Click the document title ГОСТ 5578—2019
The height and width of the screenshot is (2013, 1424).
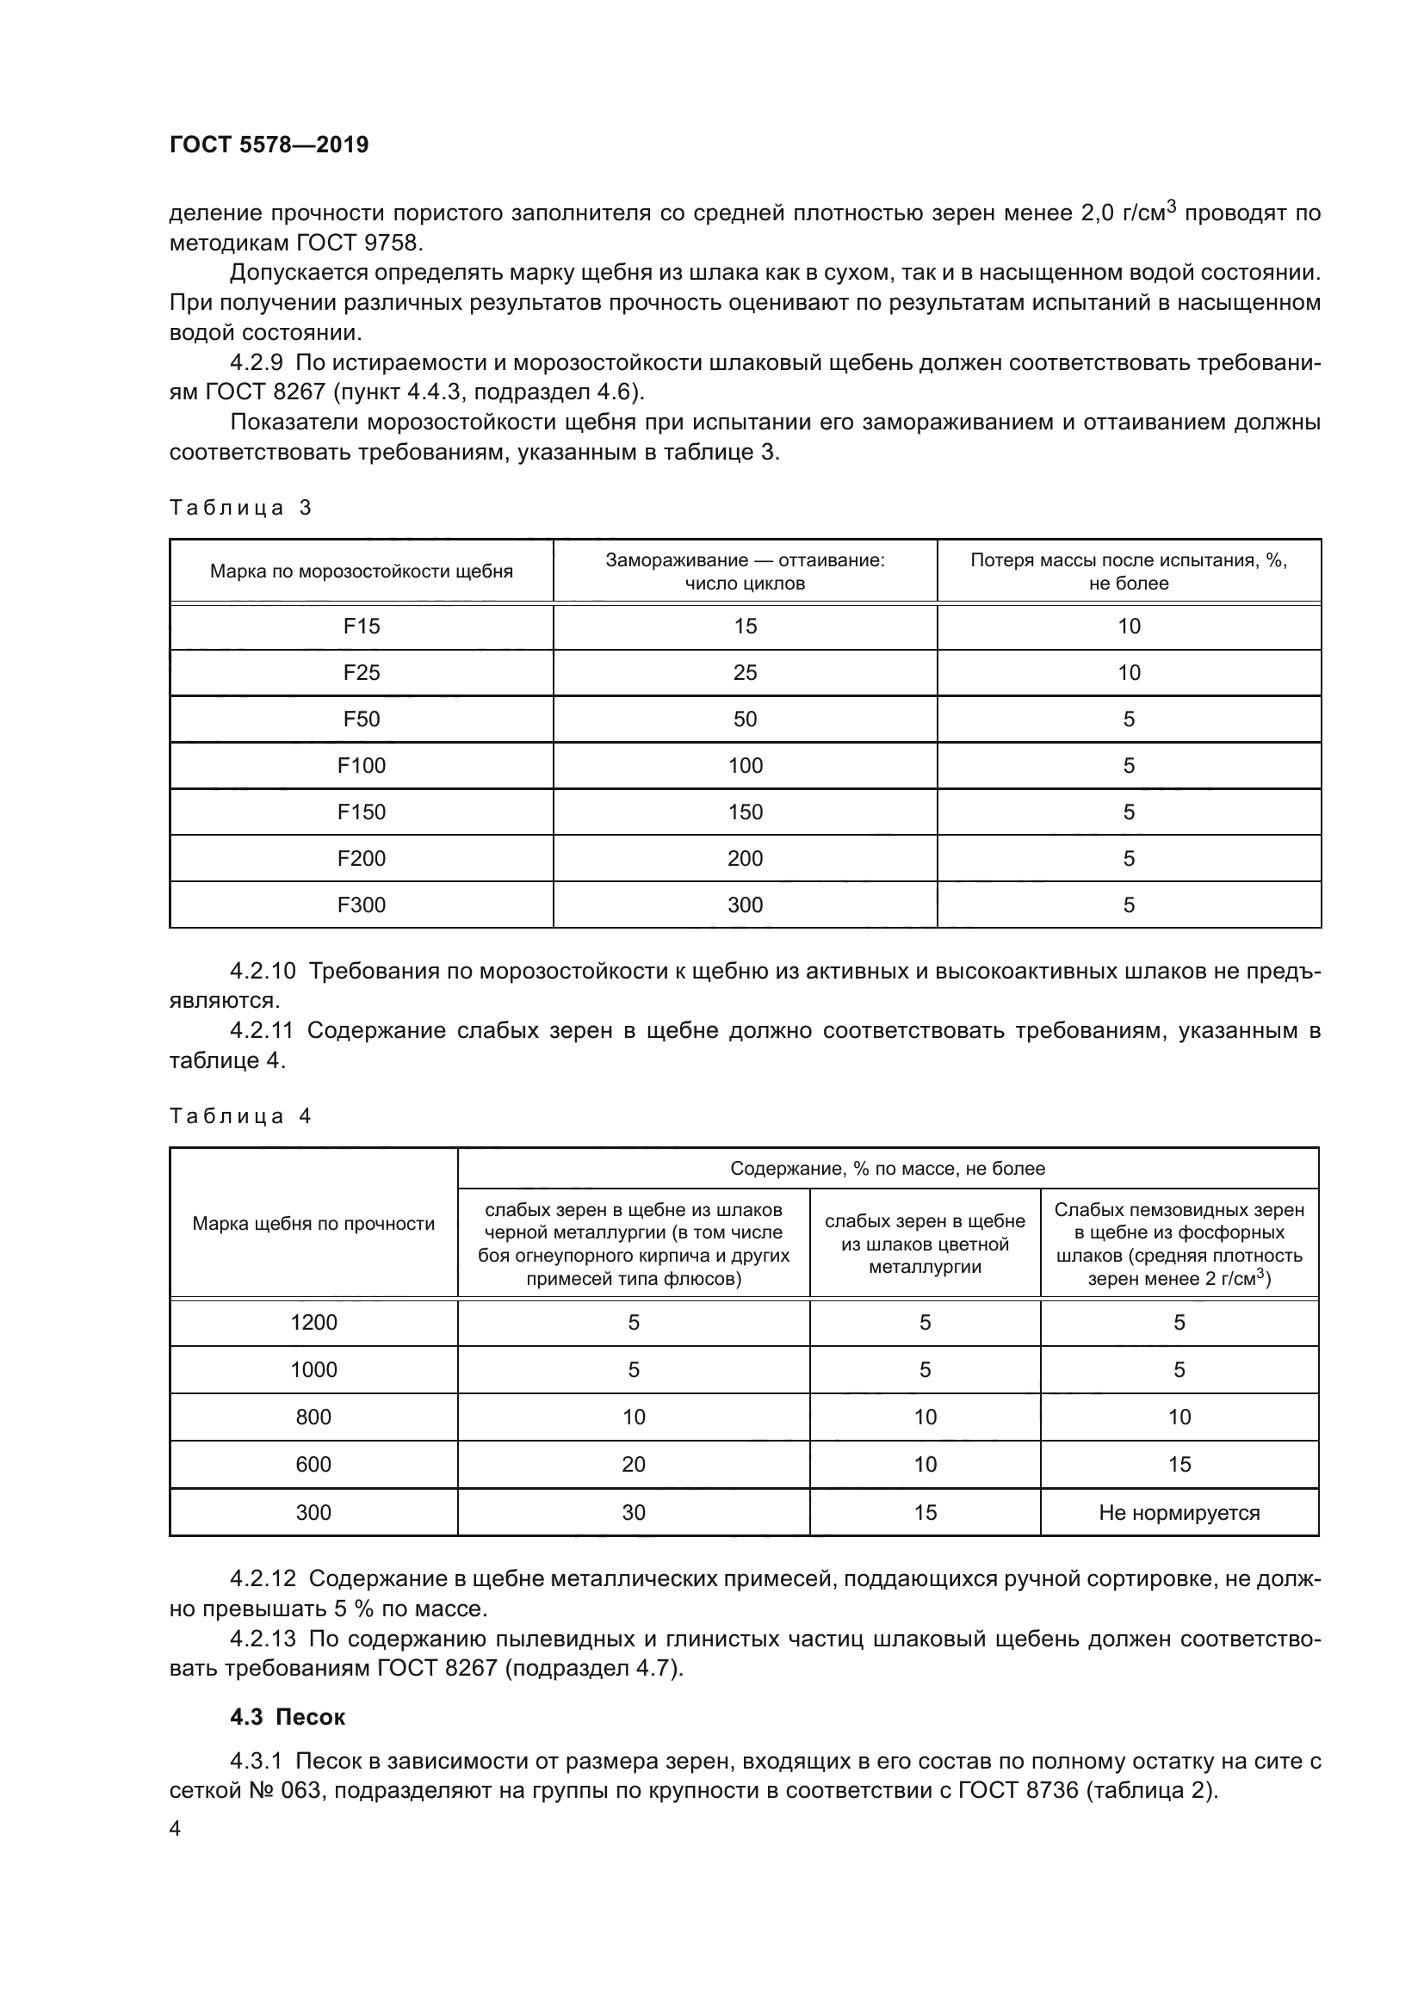coord(269,145)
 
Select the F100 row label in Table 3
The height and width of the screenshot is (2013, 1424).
coord(362,765)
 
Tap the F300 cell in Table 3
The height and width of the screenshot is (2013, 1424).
coord(362,905)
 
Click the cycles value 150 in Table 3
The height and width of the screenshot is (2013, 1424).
coord(745,812)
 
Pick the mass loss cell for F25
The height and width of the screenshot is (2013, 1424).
coord(1129,672)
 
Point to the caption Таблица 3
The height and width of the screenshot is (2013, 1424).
coord(240,508)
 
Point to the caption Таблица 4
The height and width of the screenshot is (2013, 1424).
coord(240,1116)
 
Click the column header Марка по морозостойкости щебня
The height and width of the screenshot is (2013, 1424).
coord(362,571)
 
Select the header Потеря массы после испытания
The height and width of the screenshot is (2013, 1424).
coord(1129,571)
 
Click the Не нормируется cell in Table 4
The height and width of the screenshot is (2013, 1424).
coord(1179,1512)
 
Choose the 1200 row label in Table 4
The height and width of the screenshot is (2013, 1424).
coord(313,1322)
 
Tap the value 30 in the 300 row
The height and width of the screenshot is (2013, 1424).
coord(633,1512)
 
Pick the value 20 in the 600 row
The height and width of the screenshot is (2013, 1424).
coord(633,1464)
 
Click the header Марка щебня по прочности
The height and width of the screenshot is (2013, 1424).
coord(313,1224)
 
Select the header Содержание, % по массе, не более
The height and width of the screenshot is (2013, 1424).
coord(888,1169)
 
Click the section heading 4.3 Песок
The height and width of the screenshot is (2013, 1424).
coord(288,1717)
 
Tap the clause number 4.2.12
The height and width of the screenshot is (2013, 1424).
coord(263,1579)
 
